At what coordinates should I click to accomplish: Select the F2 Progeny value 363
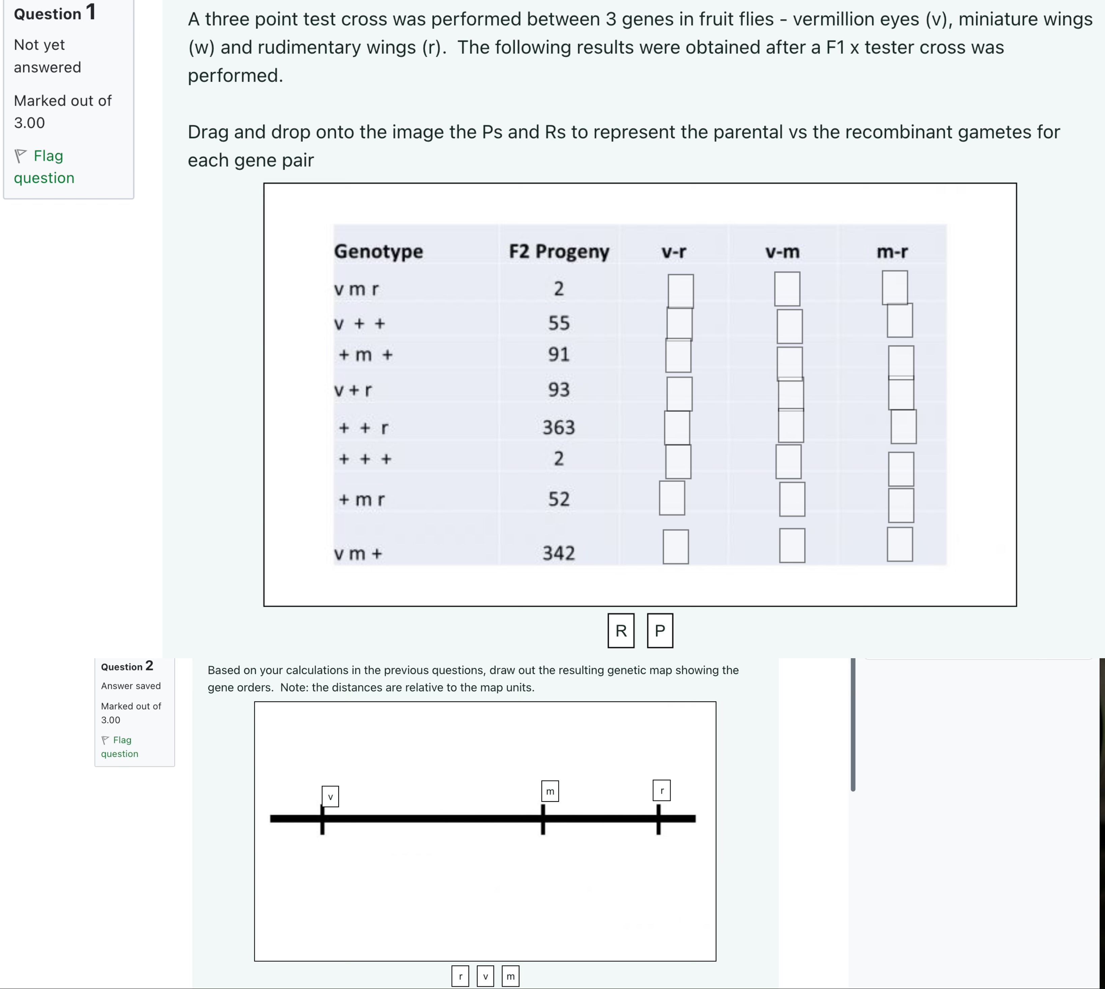(558, 427)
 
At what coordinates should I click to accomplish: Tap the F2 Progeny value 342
(558, 553)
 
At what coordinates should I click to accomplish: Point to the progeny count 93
(558, 389)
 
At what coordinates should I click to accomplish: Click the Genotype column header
(378, 251)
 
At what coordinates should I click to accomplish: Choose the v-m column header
(782, 252)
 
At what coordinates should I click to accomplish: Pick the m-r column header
(892, 252)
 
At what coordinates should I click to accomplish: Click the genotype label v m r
(356, 289)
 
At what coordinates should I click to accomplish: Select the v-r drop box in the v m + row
(676, 547)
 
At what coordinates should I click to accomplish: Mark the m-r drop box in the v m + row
(900, 544)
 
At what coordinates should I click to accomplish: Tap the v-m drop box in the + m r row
(792, 499)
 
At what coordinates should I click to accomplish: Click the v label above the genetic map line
(330, 797)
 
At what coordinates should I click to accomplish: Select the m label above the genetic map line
(550, 791)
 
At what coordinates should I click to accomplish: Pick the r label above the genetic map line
(661, 791)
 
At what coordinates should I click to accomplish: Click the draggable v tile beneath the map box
(485, 976)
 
